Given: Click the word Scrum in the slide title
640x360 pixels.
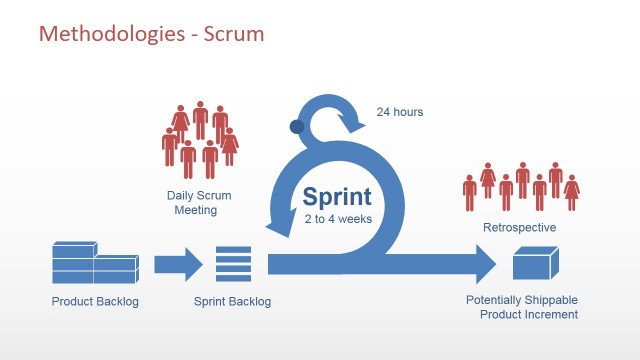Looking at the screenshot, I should tap(236, 34).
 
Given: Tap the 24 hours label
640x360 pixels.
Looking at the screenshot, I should tap(399, 112).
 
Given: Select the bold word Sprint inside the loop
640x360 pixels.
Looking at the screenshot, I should tap(337, 195).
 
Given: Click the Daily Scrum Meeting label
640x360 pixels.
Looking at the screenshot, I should tap(192, 203).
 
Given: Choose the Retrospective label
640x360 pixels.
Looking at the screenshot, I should tap(520, 228).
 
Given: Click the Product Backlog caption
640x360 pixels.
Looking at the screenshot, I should tap(95, 301).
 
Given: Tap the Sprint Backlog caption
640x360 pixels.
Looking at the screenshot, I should tap(232, 301).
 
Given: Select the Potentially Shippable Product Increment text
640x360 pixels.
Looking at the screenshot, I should tap(521, 307).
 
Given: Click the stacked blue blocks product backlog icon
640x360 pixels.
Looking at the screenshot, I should tap(95, 263).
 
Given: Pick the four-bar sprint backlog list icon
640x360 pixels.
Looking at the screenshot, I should tap(232, 265).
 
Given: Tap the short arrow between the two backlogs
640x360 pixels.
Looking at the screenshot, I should tap(177, 265).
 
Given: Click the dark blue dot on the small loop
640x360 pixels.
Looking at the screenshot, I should tap(296, 127).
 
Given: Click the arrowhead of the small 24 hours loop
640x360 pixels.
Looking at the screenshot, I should tap(355, 125).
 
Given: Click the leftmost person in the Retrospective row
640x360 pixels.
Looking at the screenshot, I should tap(469, 191).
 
